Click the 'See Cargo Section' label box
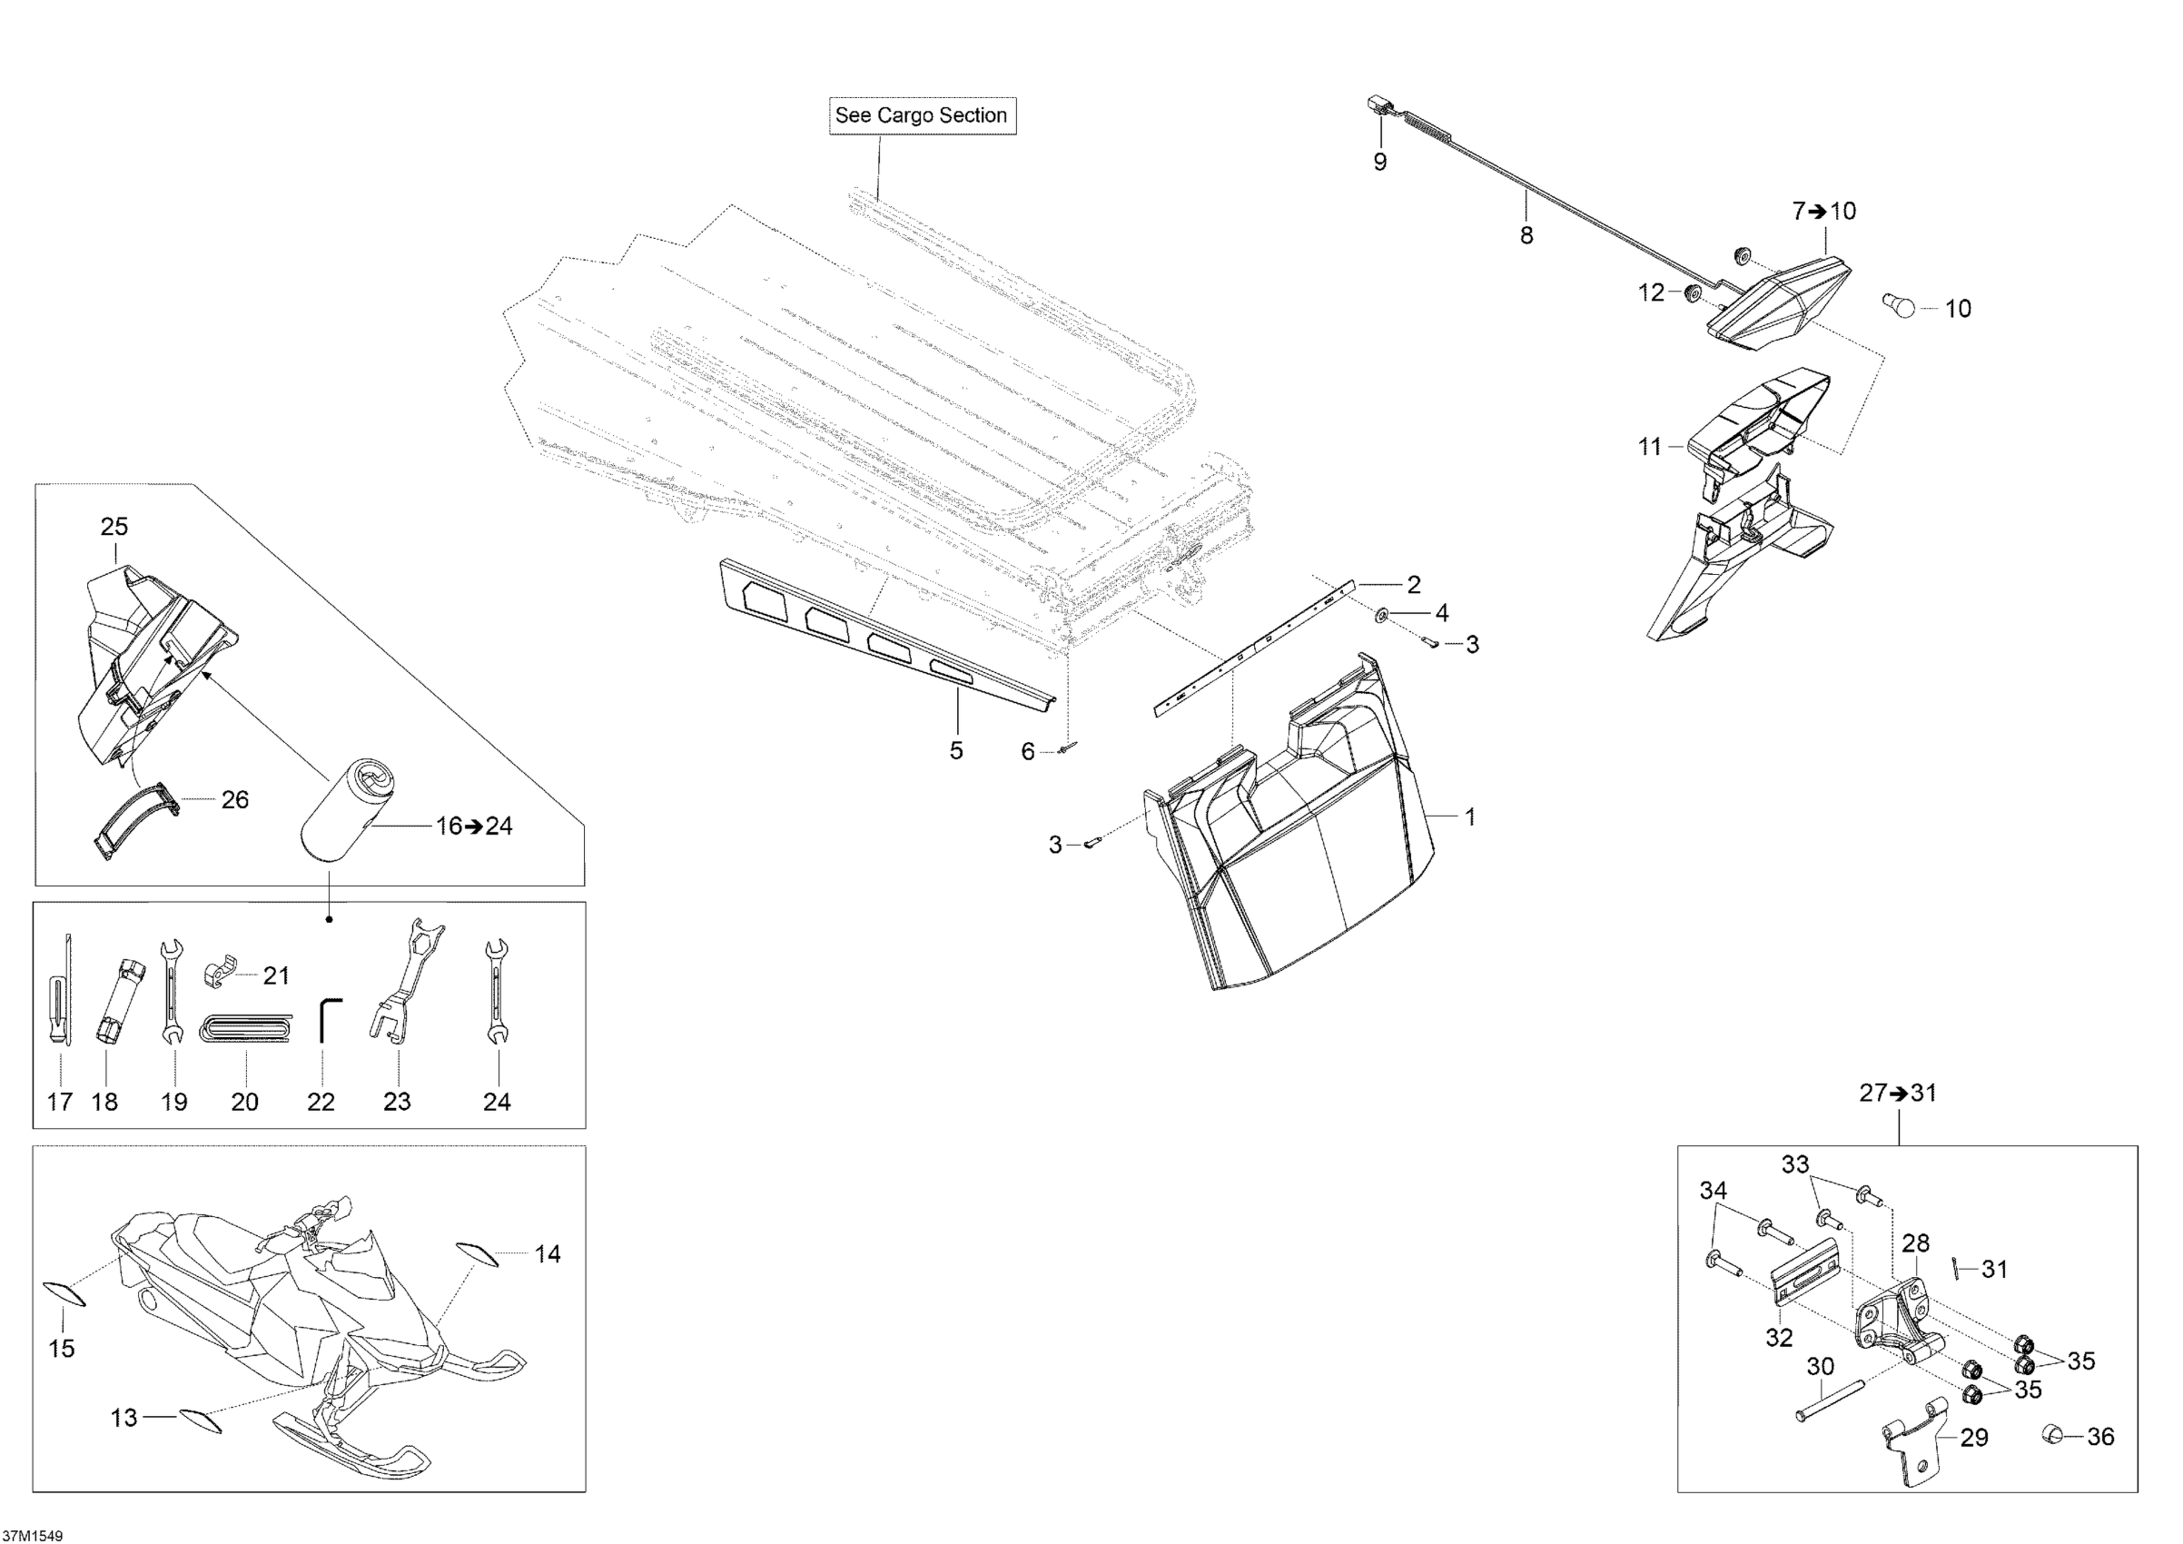[x=922, y=116]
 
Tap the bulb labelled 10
[x=1899, y=306]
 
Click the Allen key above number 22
[x=326, y=1019]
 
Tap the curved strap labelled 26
[x=138, y=819]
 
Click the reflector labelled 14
[x=478, y=1254]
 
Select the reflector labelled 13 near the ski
[x=200, y=1420]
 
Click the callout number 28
[x=1915, y=1242]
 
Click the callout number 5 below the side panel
[x=955, y=750]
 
